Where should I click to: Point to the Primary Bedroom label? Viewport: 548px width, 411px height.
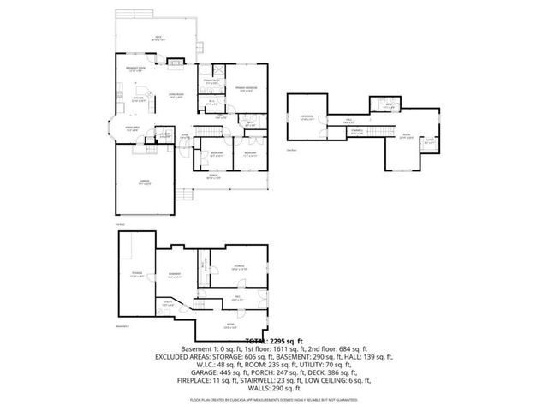pyautogui.click(x=246, y=89)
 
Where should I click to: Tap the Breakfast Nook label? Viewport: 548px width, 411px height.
pyautogui.click(x=133, y=69)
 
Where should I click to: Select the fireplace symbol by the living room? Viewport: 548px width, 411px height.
pyautogui.click(x=175, y=61)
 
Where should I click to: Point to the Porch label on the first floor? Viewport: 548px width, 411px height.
pyautogui.click(x=214, y=177)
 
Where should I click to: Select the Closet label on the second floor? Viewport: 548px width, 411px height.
pyautogui.click(x=429, y=141)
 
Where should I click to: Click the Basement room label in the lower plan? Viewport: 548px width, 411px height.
pyautogui.click(x=174, y=275)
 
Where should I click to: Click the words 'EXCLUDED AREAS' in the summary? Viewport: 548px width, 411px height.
pyautogui.click(x=185, y=355)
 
